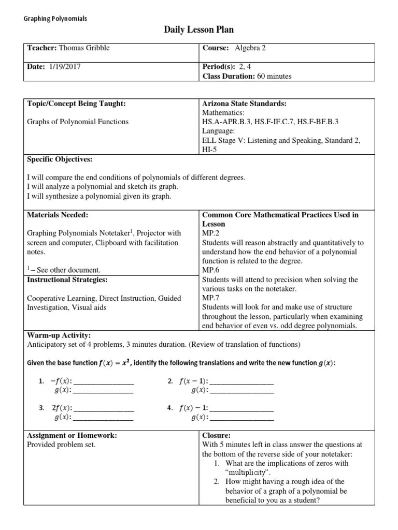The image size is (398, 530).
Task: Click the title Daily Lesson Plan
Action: click(x=195, y=31)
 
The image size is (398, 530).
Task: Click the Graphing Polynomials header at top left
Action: click(x=55, y=19)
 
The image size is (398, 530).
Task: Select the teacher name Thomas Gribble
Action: click(x=84, y=48)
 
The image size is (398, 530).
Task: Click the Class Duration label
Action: click(x=228, y=76)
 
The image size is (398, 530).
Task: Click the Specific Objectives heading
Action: click(x=60, y=159)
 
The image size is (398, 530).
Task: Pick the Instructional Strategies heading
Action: click(x=67, y=279)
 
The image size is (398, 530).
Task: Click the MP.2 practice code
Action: click(x=210, y=233)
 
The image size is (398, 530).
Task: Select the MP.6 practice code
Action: click(x=210, y=270)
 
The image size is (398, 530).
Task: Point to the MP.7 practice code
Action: click(x=210, y=298)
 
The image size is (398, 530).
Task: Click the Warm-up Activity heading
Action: click(x=58, y=335)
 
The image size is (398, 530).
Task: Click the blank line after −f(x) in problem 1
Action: click(x=104, y=382)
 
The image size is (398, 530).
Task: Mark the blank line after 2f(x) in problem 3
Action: click(x=104, y=409)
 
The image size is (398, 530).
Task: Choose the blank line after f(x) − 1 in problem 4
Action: click(x=242, y=409)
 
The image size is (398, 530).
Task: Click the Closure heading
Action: click(x=216, y=435)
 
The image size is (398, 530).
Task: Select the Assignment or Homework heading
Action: click(x=72, y=435)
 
